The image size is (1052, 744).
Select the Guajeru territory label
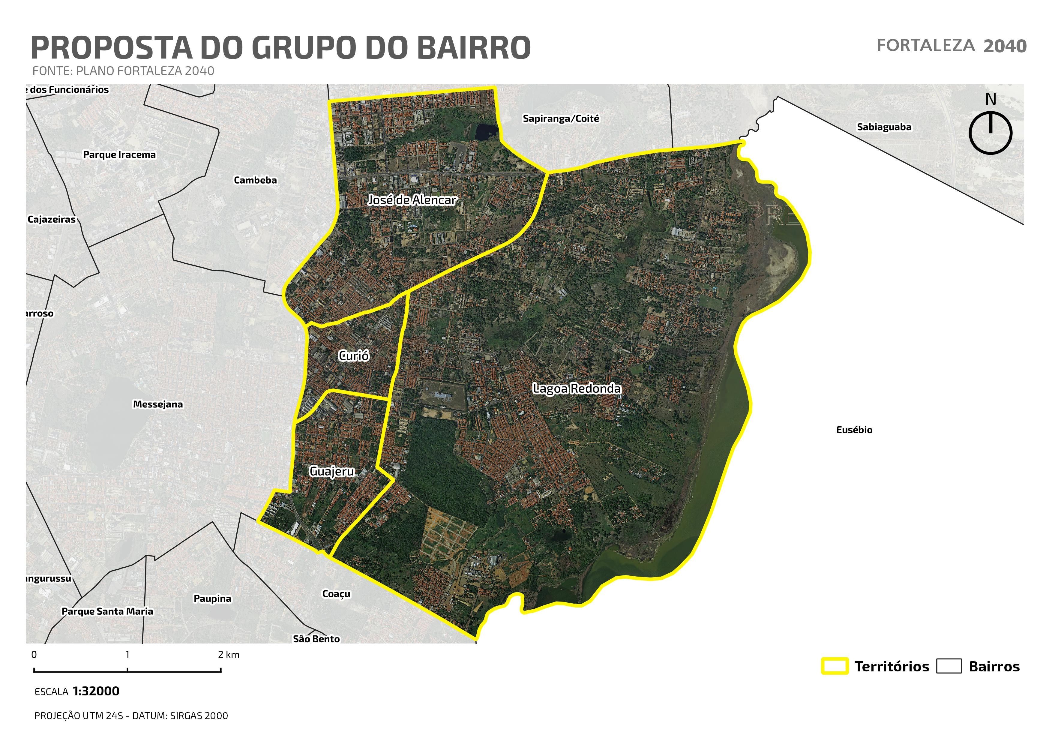(x=332, y=471)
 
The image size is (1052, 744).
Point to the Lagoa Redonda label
(x=577, y=388)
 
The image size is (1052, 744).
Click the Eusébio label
(x=854, y=430)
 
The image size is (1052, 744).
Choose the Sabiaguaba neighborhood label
(x=884, y=127)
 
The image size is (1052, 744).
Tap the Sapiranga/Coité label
(x=561, y=119)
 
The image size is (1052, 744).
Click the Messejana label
(x=157, y=404)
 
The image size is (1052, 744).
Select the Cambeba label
(x=255, y=180)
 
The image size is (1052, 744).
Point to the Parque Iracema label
(x=119, y=154)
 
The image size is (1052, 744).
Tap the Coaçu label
(x=336, y=594)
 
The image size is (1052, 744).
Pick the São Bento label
(x=316, y=639)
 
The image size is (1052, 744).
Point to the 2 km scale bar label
(x=229, y=655)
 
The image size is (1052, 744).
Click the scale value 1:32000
(x=96, y=691)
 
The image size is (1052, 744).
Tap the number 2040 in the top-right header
(x=1005, y=46)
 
